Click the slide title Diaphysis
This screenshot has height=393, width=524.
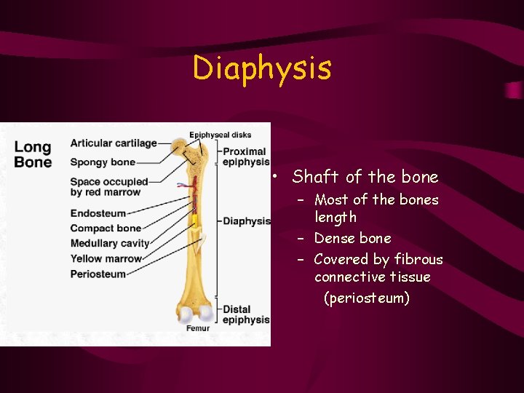(x=262, y=68)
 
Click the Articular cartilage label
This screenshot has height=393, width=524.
(x=114, y=143)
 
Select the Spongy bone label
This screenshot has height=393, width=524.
(x=103, y=162)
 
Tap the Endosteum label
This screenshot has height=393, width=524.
(x=98, y=214)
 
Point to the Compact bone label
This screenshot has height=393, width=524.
(x=106, y=229)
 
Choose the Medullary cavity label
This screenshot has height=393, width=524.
(x=110, y=243)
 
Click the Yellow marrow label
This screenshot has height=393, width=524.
(x=106, y=258)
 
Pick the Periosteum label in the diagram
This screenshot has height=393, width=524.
(x=98, y=274)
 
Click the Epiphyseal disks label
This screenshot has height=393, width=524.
(x=220, y=135)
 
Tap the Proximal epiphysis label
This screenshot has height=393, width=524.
(x=246, y=156)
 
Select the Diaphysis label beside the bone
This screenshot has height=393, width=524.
(x=247, y=221)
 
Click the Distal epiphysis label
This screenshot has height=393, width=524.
(x=246, y=314)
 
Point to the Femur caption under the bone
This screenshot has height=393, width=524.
(x=197, y=328)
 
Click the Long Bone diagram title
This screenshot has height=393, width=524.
(x=33, y=154)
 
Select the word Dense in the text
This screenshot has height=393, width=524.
(x=333, y=239)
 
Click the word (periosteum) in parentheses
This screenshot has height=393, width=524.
(x=367, y=298)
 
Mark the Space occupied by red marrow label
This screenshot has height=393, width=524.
(x=108, y=187)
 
